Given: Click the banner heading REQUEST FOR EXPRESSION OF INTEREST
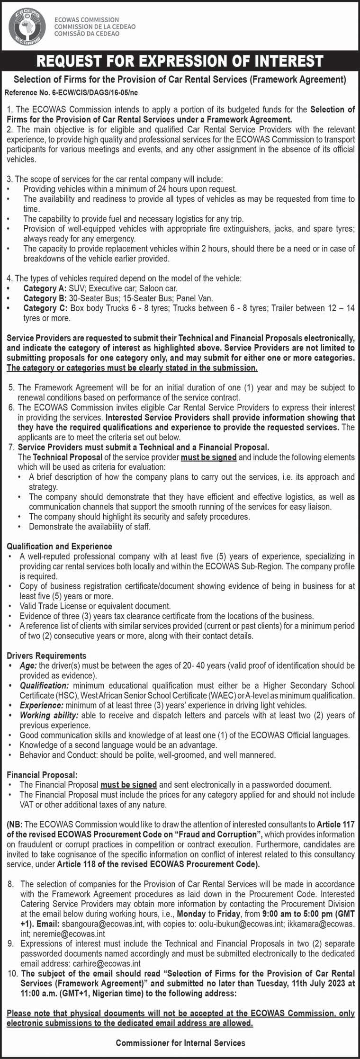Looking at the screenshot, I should [180, 61].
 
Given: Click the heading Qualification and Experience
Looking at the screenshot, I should [59, 546].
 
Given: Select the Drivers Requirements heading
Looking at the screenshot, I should [46, 655].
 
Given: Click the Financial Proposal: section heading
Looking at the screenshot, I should [42, 775].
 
